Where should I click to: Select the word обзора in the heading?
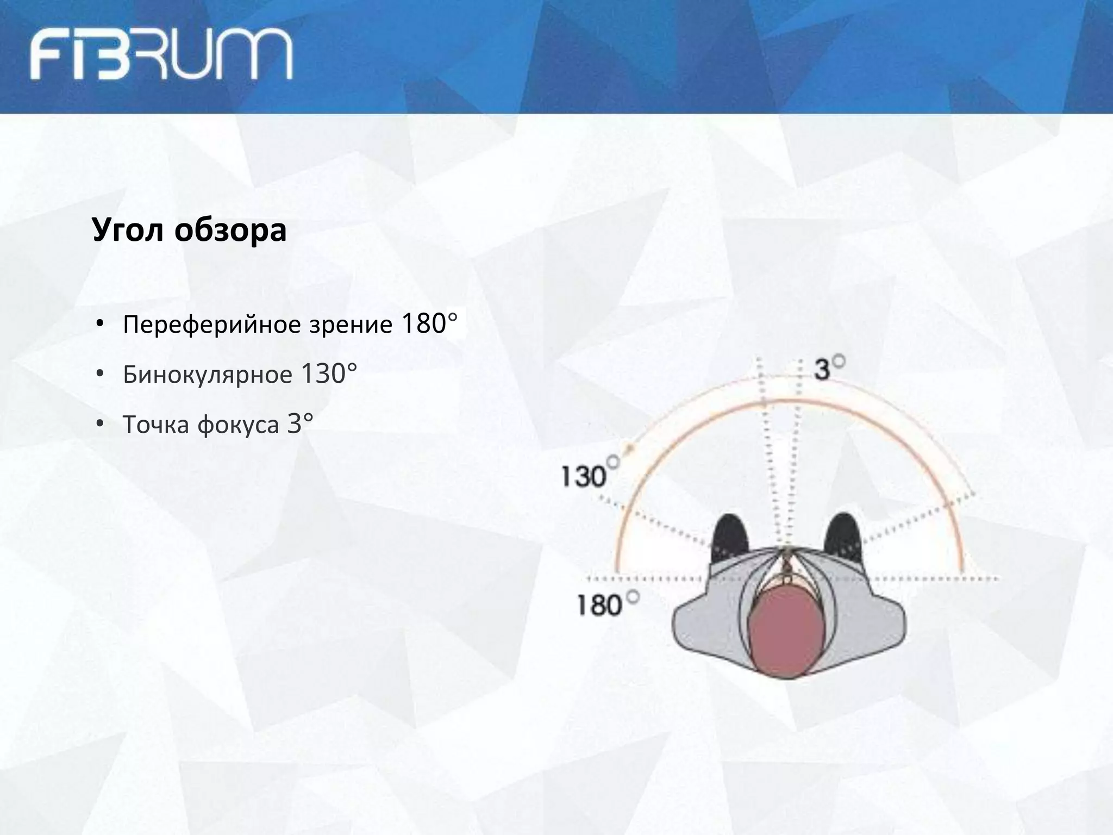point(230,230)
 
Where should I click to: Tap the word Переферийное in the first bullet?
point(212,325)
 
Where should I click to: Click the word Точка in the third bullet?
point(157,425)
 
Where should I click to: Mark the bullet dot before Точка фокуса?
point(99,425)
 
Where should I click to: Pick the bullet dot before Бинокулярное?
point(99,375)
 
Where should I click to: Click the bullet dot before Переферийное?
point(99,325)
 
